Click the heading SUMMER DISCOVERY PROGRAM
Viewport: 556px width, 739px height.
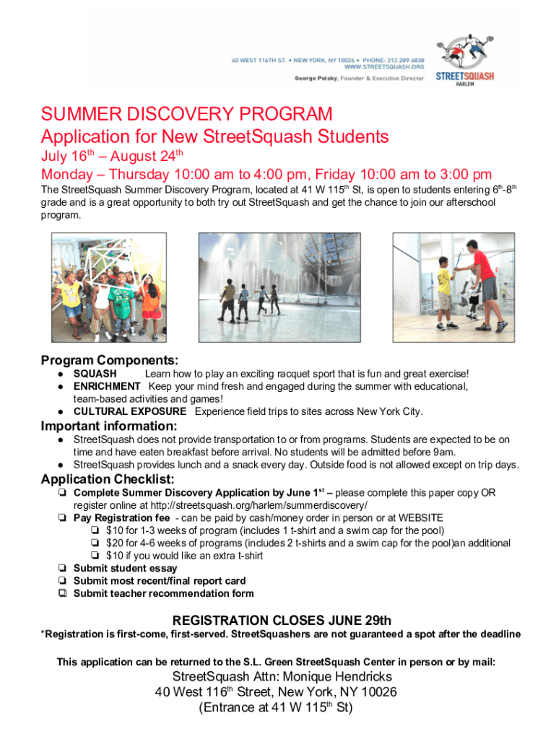(187, 115)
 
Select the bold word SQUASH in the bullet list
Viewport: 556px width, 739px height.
(95, 374)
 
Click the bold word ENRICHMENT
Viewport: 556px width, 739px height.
(106, 386)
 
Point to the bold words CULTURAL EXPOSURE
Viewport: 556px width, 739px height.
(129, 411)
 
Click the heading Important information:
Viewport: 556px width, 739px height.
(108, 426)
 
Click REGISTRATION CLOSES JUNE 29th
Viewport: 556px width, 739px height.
(282, 620)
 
